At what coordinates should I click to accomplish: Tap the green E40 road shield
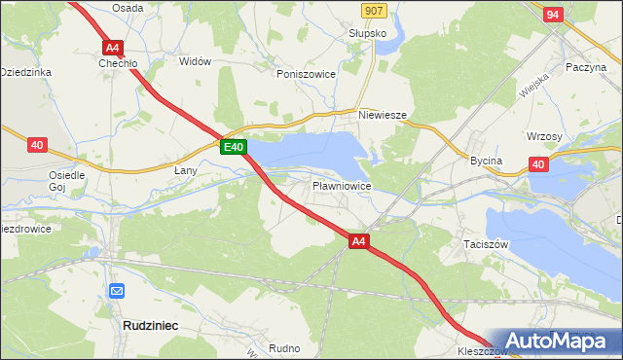pos(232,147)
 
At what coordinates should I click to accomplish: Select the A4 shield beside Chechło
pos(113,47)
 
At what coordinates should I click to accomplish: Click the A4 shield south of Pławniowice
pos(358,241)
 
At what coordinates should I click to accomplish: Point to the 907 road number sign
pos(373,10)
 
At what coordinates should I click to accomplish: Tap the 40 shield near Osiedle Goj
pos(37,145)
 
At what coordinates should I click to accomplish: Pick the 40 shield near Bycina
pos(538,164)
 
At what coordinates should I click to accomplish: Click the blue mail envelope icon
pos(117,290)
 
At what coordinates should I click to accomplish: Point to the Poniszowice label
pos(306,74)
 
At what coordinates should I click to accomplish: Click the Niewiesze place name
pos(382,114)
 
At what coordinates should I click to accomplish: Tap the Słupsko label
pos(368,32)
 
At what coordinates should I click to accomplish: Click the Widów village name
pos(195,61)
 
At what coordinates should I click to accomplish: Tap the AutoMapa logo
pos(558,340)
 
